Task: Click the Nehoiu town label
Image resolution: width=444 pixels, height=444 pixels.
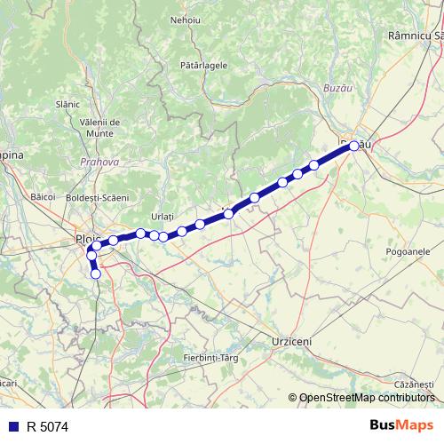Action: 186,19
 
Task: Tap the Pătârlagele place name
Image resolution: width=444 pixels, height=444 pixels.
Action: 203,65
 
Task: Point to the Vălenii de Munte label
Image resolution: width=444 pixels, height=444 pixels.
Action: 106,125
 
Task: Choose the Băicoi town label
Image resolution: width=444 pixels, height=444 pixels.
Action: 43,194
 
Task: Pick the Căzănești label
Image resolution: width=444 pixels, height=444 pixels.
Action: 415,383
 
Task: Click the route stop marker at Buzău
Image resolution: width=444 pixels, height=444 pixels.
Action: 354,146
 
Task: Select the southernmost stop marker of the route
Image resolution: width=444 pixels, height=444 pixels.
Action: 96,274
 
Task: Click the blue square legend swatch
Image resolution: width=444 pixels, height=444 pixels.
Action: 12,427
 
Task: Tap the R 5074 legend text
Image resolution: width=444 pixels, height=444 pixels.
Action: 47,427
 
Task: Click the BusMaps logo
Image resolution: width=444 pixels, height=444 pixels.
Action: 401,426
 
